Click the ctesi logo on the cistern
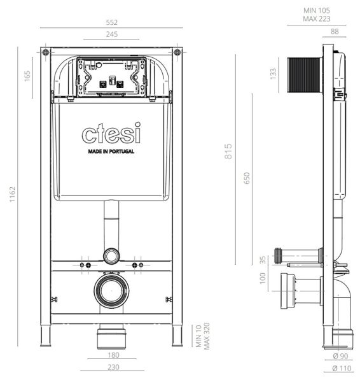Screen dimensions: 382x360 pos(111,134)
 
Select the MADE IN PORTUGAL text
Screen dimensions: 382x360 pos(111,153)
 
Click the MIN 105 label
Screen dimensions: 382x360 pos(317,10)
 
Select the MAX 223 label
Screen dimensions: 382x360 pos(317,19)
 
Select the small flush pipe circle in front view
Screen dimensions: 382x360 pos(111,256)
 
